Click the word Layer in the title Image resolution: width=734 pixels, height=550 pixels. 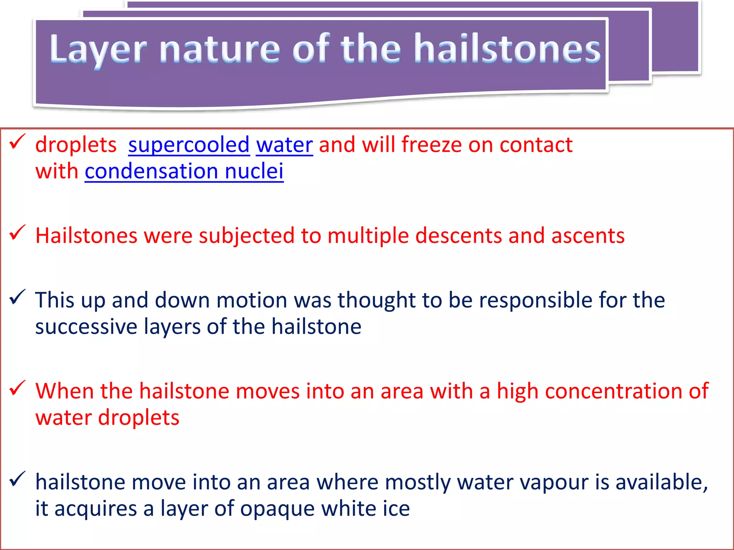click(x=98, y=49)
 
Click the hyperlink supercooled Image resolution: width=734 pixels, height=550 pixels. click(x=189, y=145)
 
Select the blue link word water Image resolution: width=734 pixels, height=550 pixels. click(x=285, y=145)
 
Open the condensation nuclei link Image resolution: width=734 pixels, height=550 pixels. click(x=184, y=171)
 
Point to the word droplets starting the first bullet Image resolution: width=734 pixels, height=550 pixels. click(x=76, y=145)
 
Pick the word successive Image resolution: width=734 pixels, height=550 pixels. click(x=86, y=327)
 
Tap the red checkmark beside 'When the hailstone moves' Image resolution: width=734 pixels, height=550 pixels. click(x=17, y=388)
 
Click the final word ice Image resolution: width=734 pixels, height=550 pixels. click(x=396, y=508)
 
